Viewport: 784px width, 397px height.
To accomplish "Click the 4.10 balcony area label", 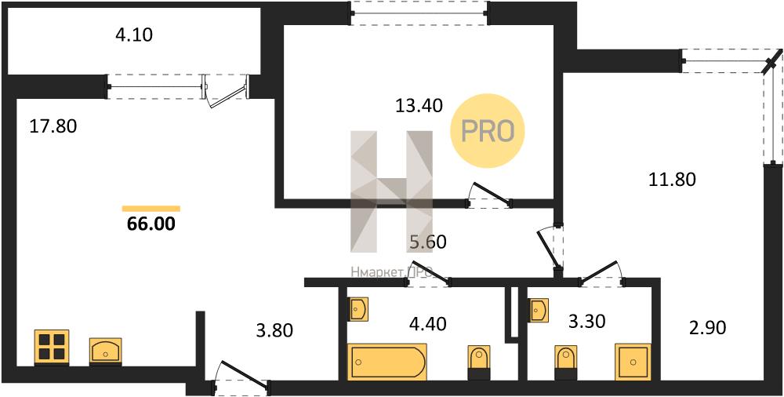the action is (x=133, y=35).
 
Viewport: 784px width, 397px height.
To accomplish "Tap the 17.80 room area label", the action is (x=53, y=126).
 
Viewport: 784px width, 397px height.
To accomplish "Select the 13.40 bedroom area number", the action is (x=419, y=106).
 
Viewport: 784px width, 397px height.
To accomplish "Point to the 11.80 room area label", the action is (x=672, y=179).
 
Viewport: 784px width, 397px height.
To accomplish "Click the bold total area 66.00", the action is (x=151, y=224).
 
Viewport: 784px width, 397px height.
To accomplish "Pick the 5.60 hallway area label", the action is (x=427, y=242).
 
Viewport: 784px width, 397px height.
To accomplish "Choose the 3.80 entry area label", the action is (x=274, y=330).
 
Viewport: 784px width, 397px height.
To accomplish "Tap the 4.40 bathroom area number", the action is (x=427, y=323).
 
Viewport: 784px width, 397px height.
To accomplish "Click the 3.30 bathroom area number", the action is (x=587, y=321).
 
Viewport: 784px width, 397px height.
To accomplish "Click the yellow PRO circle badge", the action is (x=488, y=131).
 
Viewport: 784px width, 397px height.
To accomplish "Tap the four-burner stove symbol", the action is (x=52, y=347).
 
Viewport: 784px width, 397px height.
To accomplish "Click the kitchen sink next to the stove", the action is (x=106, y=350).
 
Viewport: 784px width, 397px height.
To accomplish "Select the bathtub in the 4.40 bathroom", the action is (x=387, y=362).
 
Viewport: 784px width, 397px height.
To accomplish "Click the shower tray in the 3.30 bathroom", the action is (x=633, y=362).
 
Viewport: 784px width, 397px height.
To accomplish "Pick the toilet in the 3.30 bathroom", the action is (x=566, y=361).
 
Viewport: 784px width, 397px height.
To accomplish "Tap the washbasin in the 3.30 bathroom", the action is (x=539, y=310).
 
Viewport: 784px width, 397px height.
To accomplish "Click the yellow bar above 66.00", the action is (x=151, y=209).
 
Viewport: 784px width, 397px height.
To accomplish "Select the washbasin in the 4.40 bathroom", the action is (x=358, y=309).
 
